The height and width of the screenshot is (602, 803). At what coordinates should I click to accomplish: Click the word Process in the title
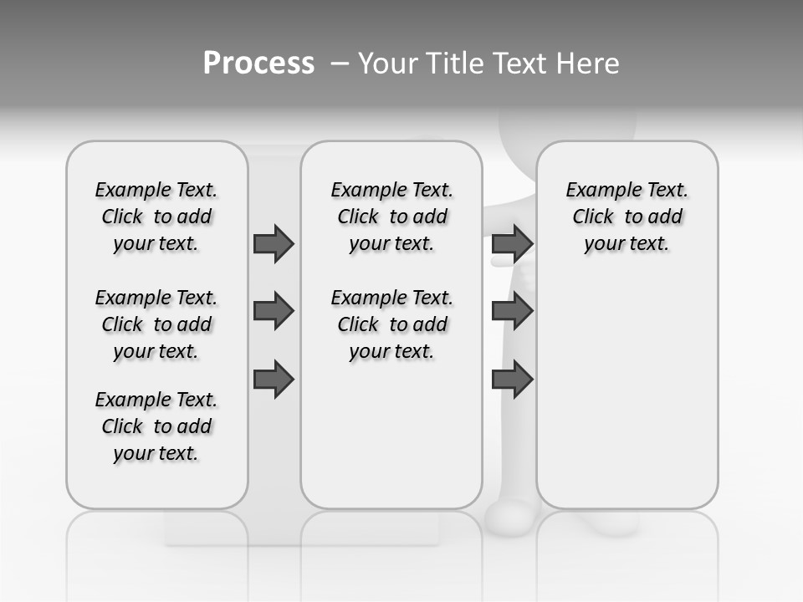[258, 64]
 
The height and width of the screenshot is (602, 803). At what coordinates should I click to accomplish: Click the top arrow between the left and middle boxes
[274, 243]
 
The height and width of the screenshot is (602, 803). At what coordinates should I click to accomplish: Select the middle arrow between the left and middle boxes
[274, 311]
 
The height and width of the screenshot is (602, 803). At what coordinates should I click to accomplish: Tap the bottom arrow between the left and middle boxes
[274, 380]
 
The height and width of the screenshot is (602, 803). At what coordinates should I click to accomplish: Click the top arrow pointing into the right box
[512, 243]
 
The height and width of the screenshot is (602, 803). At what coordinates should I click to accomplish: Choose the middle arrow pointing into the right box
[512, 311]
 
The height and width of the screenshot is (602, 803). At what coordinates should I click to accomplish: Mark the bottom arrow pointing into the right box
[512, 380]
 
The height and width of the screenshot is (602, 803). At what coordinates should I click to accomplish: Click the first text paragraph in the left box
[156, 217]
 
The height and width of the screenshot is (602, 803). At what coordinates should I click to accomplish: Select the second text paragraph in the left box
[156, 324]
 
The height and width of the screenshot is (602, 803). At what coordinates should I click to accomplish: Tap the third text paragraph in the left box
[156, 426]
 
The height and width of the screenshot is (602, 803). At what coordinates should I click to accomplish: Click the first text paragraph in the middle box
[391, 217]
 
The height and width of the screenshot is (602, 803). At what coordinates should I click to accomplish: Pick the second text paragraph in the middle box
[391, 324]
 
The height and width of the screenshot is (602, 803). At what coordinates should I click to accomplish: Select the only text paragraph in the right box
[627, 217]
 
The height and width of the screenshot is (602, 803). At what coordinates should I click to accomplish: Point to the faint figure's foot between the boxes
[509, 518]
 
